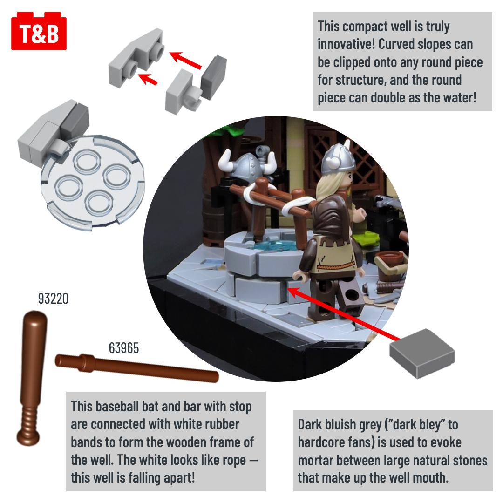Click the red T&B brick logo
[39, 31]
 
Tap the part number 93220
[53, 299]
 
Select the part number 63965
[124, 348]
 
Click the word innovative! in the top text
[346, 44]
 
